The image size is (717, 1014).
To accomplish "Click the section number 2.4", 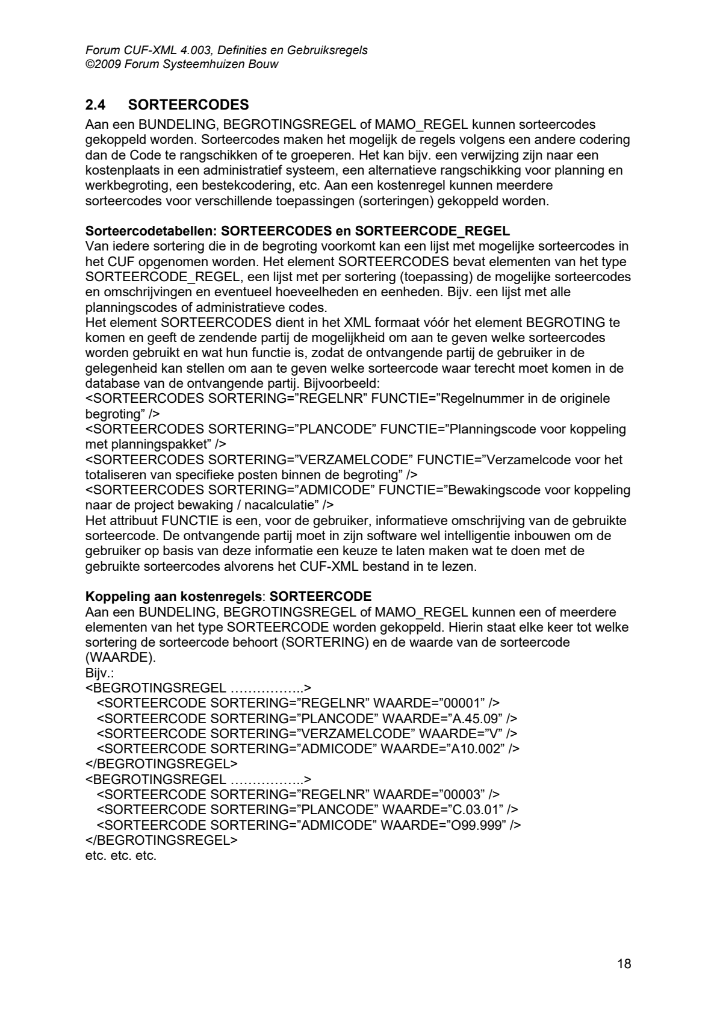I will pos(96,105).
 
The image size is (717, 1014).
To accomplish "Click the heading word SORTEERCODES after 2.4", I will pos(188,105).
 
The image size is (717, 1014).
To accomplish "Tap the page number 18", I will pos(624,964).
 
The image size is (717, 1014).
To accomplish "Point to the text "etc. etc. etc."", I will pos(121,855).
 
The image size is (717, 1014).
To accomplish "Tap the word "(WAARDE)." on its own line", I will pos(120,658).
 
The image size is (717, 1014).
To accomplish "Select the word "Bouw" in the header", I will pos(266,64).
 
